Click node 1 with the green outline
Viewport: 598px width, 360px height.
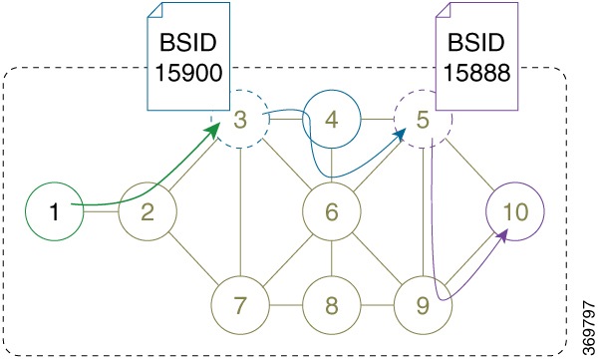click(x=55, y=212)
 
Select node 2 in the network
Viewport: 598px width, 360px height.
click(x=147, y=212)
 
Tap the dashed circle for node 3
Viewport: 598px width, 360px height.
click(x=239, y=121)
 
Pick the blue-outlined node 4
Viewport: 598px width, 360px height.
click(x=331, y=121)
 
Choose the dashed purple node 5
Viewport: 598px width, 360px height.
click(x=423, y=121)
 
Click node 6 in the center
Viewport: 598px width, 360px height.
click(x=331, y=212)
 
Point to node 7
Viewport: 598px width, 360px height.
click(x=239, y=301)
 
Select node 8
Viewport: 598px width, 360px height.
click(x=331, y=301)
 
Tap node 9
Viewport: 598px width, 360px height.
click(x=423, y=301)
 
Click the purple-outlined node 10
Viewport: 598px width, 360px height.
click(x=514, y=212)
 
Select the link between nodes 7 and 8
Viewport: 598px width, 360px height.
click(x=285, y=301)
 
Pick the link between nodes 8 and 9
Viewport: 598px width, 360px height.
click(x=377, y=301)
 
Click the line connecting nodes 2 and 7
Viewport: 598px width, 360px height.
click(x=192, y=256)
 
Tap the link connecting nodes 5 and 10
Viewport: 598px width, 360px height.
click(x=468, y=167)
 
